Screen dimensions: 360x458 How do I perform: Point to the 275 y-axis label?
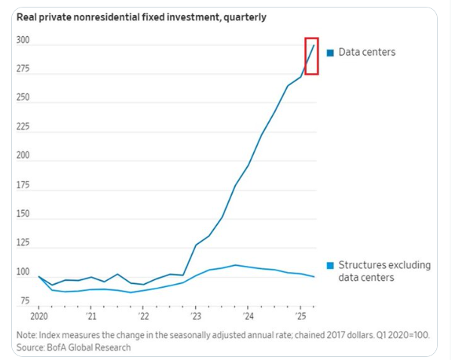pos(23,69)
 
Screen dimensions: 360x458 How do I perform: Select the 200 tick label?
pos(23,156)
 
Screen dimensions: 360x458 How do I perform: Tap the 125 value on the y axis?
pos(23,243)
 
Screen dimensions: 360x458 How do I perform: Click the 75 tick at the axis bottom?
pos(25,301)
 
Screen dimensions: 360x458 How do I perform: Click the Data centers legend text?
pos(367,52)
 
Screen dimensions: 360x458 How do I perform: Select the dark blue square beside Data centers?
pos(330,53)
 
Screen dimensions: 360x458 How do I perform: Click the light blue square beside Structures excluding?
pos(330,265)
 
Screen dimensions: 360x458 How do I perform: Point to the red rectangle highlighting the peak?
pos(313,55)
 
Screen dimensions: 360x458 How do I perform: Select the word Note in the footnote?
pos(26,335)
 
